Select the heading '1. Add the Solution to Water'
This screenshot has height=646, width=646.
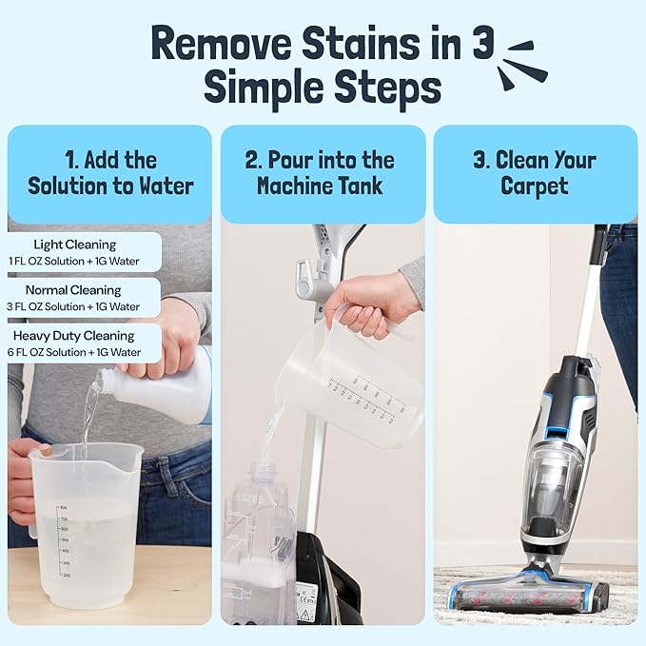point(110,172)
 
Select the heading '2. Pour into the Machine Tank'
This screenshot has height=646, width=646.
point(323,172)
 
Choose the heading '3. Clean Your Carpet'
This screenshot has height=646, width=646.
point(535,172)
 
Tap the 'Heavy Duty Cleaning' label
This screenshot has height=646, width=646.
point(74,336)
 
